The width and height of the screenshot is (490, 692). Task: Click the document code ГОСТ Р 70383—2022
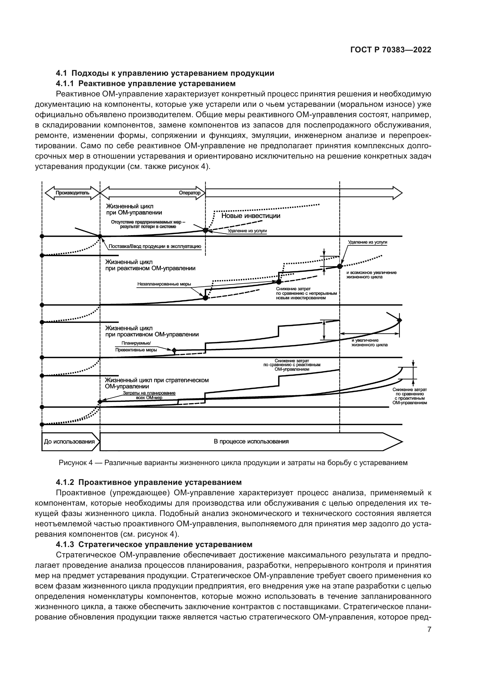pyautogui.click(x=390, y=50)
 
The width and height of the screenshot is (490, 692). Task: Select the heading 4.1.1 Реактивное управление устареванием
pyautogui.click(x=146, y=83)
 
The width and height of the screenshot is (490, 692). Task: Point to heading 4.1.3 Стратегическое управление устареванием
pyautogui.click(x=154, y=544)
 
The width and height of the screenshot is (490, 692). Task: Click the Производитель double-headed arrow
pyautogui.click(x=72, y=193)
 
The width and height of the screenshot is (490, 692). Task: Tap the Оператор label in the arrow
pyautogui.click(x=190, y=193)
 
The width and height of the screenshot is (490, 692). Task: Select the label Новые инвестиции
pyautogui.click(x=251, y=216)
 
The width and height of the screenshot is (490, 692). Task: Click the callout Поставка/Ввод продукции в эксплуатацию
pyautogui.click(x=154, y=246)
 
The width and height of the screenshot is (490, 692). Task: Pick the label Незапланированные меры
pyautogui.click(x=164, y=284)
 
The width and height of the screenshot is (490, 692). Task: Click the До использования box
pyautogui.click(x=69, y=441)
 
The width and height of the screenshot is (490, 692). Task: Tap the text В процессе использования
pyautogui.click(x=251, y=441)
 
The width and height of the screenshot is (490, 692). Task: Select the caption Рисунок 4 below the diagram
pyautogui.click(x=233, y=463)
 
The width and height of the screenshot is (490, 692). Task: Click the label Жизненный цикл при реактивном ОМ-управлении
pyautogui.click(x=150, y=265)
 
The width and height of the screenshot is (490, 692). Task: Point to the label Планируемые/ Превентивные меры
pyautogui.click(x=136, y=347)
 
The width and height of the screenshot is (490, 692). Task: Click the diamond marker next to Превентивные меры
pyautogui.click(x=174, y=350)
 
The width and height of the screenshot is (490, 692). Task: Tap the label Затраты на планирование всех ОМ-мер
pyautogui.click(x=149, y=395)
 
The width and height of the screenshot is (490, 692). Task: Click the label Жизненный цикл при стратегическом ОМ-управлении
pyautogui.click(x=157, y=383)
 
